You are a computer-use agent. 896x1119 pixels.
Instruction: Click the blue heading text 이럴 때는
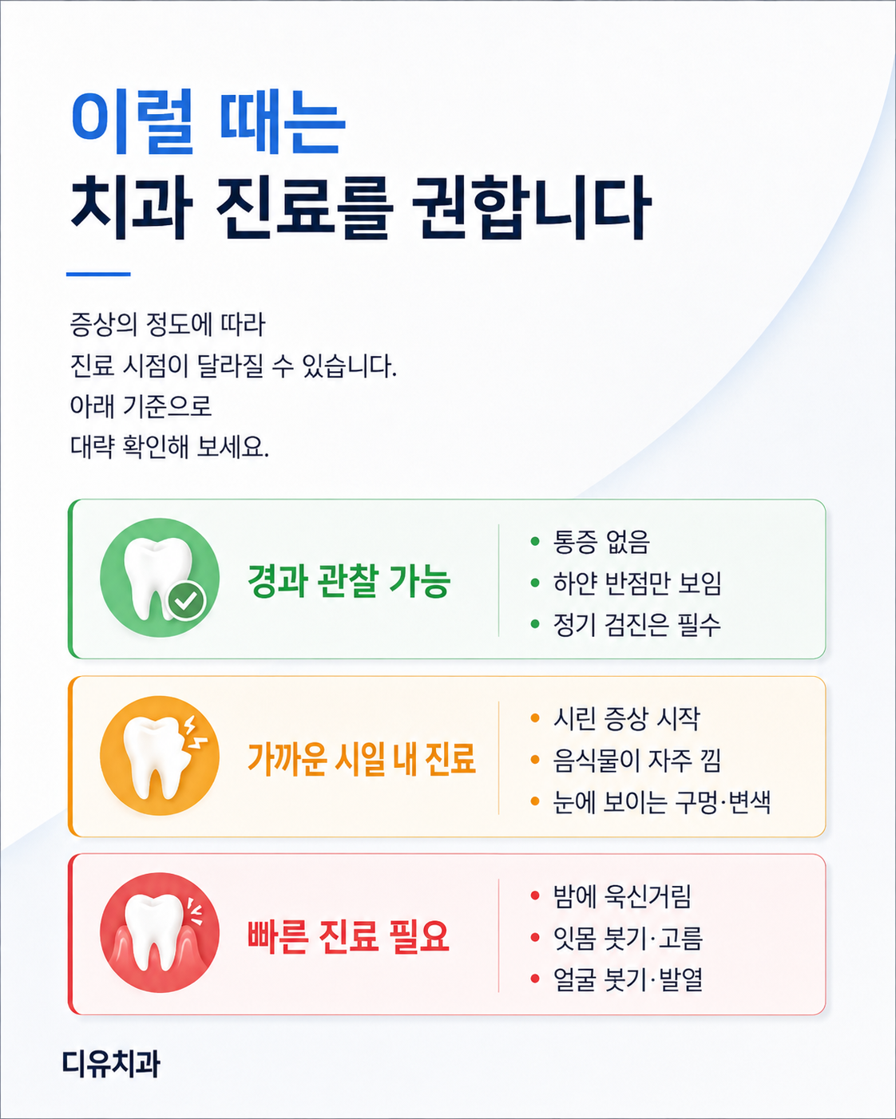(x=208, y=122)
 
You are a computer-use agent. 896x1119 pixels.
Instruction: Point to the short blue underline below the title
(x=98, y=274)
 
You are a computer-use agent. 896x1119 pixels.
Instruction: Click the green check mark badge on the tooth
(x=187, y=601)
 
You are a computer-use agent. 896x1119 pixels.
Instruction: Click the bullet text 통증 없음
(x=601, y=541)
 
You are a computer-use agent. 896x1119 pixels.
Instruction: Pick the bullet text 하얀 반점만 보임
(x=637, y=583)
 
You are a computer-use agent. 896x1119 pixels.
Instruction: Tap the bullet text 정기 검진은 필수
(x=636, y=624)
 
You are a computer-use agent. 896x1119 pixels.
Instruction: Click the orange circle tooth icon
(x=160, y=756)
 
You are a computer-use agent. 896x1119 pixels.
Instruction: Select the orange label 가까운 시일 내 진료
(x=362, y=759)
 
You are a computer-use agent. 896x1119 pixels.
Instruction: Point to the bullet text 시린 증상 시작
(x=626, y=718)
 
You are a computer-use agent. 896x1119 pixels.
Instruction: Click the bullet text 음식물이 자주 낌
(x=636, y=760)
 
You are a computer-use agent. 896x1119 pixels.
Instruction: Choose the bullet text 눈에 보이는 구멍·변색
(x=661, y=802)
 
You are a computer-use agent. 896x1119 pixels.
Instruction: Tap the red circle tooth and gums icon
(x=160, y=933)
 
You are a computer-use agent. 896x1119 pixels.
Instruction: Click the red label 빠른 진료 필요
(x=348, y=936)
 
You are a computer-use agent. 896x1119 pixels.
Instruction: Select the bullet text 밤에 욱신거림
(x=622, y=896)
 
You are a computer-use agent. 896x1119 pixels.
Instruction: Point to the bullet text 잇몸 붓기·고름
(x=628, y=938)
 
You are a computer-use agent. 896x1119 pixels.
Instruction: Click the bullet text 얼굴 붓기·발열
(x=628, y=979)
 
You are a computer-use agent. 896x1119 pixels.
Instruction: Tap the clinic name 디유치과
(x=111, y=1063)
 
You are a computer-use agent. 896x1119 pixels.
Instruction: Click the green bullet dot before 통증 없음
(x=534, y=541)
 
